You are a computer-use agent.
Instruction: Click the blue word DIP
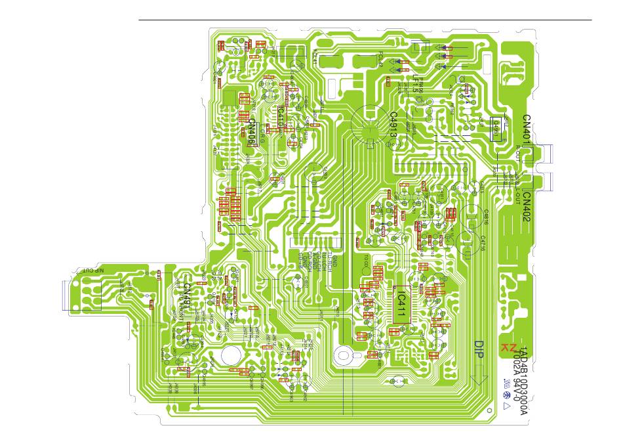[479, 349]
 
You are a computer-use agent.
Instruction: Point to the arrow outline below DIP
[479, 380]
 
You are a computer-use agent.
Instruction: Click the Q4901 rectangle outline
[500, 129]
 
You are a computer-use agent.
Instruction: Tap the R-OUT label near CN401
[517, 158]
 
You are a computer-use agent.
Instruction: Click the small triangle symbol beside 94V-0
[506, 405]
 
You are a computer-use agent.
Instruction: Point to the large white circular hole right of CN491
[230, 355]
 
